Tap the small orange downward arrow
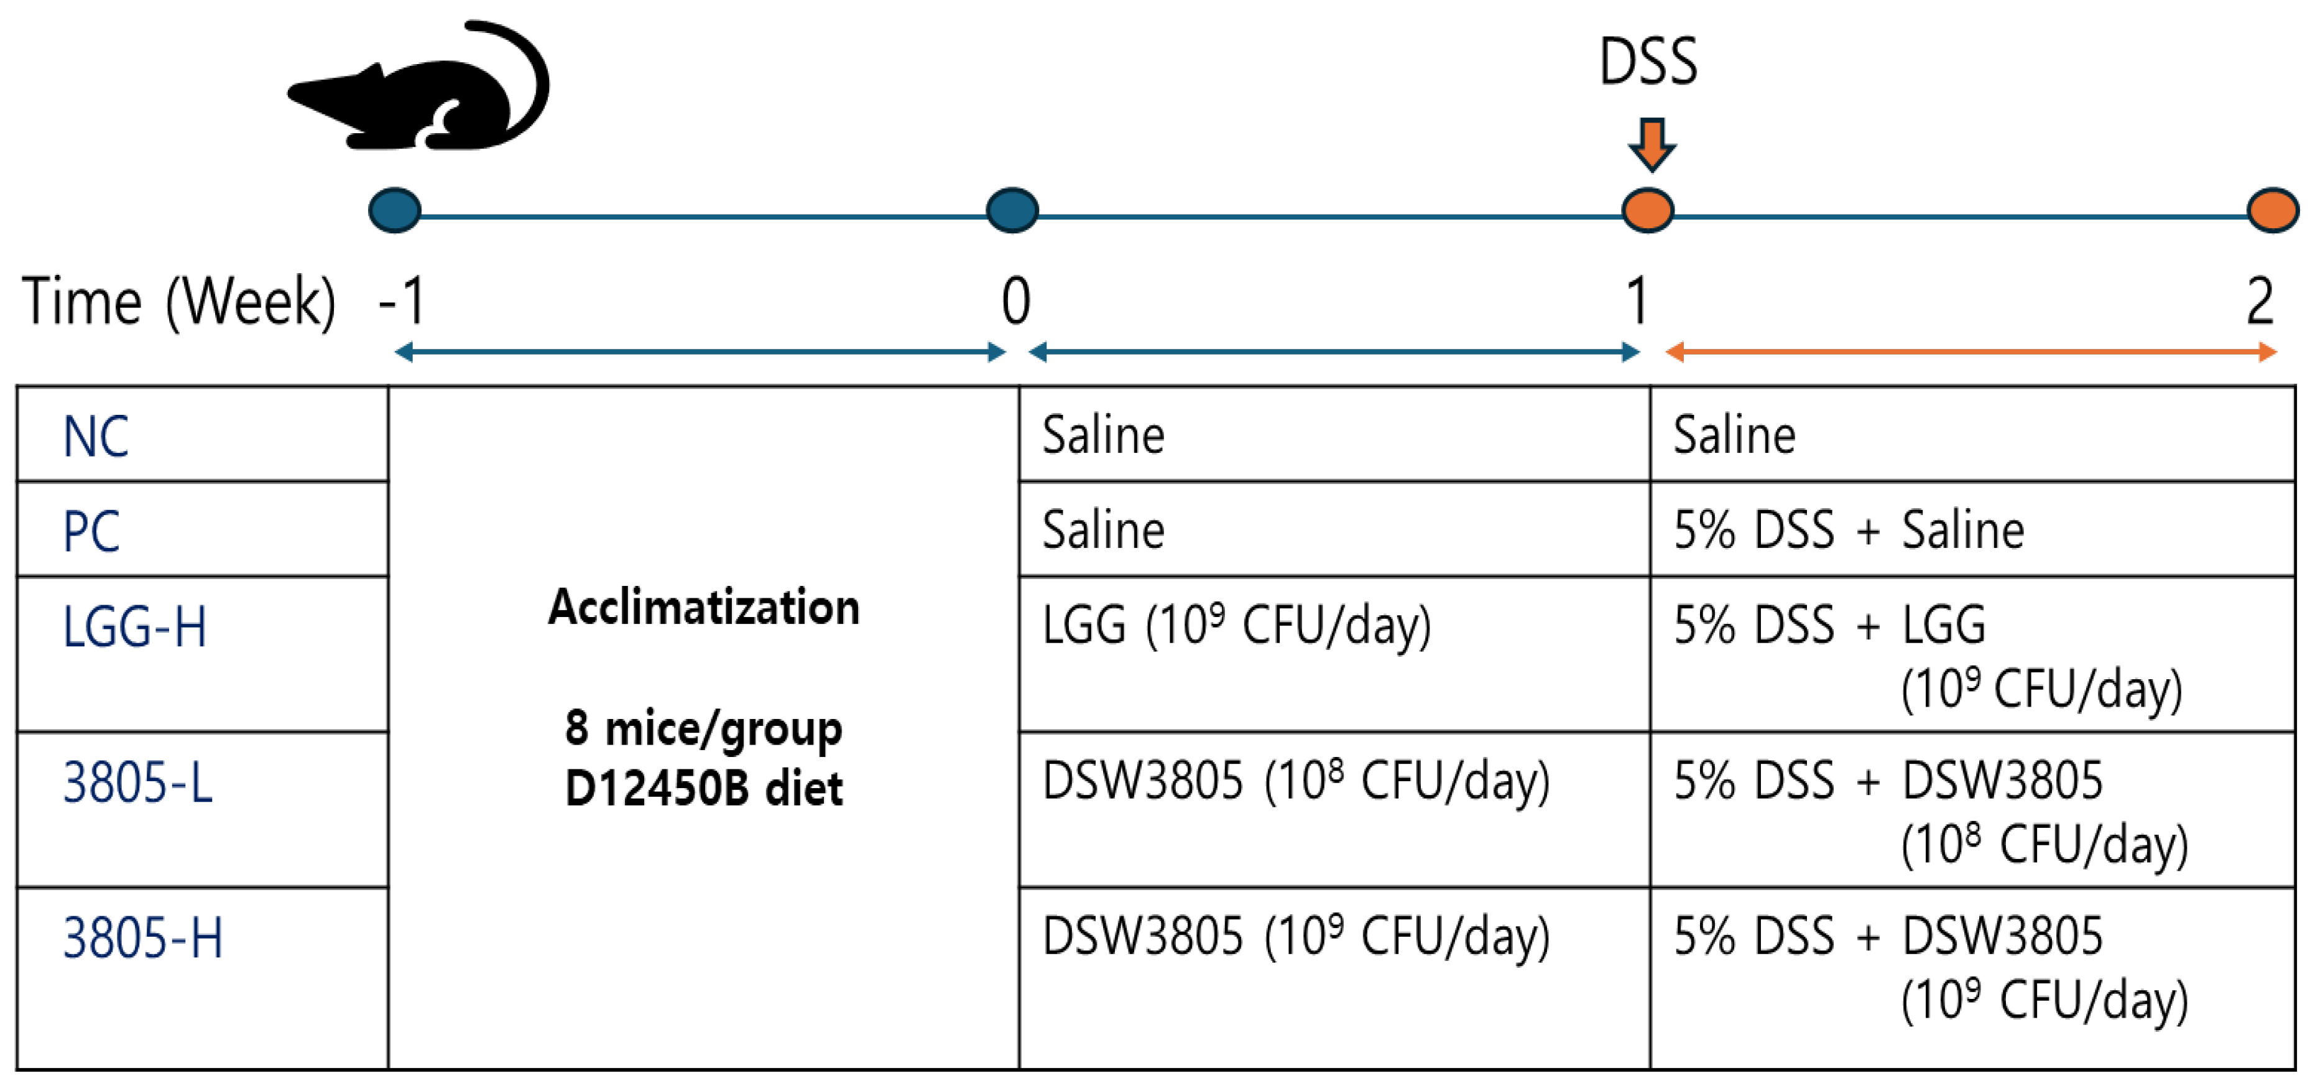coord(1652,144)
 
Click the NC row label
coord(96,437)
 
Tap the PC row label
coord(91,531)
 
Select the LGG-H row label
coord(134,626)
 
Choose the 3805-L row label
coord(138,782)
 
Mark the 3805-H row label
coord(142,938)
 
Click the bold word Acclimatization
coord(704,607)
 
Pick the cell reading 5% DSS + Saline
coord(1849,530)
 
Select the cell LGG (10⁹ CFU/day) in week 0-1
coord(1236,625)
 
